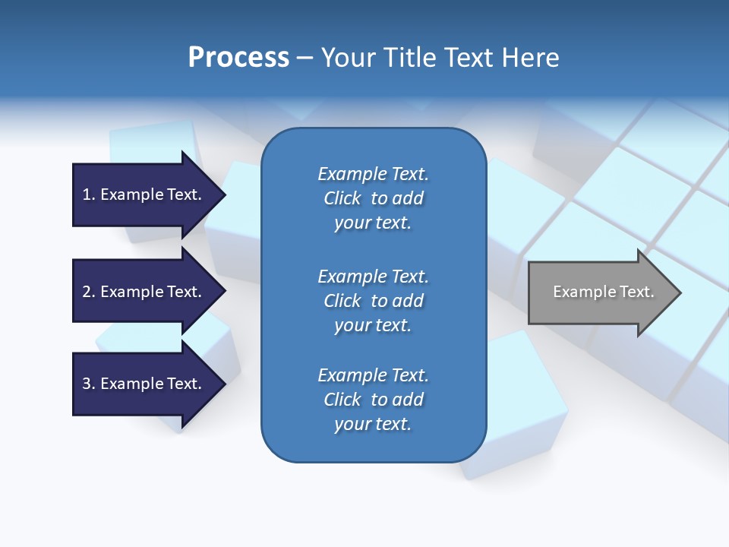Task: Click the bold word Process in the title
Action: coord(238,58)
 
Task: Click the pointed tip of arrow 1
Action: coord(223,195)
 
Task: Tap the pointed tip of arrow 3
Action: coord(223,384)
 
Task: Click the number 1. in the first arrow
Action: coord(89,194)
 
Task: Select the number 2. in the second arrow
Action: coord(89,292)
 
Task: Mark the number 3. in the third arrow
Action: coord(89,384)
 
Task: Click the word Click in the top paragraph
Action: coord(342,198)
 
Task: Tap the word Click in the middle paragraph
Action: coord(342,301)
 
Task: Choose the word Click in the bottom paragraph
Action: coord(342,400)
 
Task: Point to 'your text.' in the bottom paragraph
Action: coord(373,424)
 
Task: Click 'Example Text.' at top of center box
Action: coord(373,174)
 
